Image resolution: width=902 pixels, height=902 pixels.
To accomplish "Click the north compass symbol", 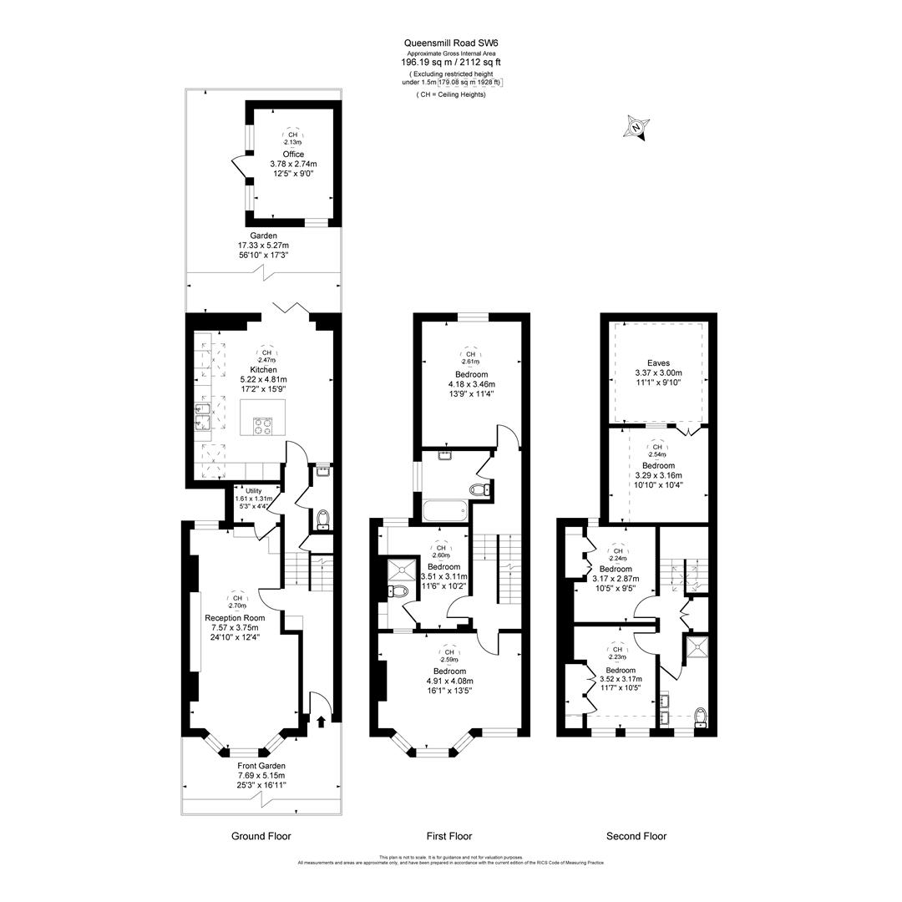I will (636, 129).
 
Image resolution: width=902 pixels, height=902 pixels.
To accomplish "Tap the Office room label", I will (292, 154).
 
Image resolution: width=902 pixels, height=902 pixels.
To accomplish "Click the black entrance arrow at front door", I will (321, 721).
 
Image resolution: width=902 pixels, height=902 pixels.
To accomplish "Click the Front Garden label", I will (261, 766).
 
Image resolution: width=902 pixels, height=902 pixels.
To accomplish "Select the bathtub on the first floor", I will (445, 509).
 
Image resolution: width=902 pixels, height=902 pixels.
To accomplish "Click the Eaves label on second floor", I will (658, 363).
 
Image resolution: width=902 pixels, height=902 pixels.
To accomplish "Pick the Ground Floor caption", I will (261, 836).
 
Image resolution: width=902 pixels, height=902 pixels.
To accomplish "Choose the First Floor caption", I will (448, 836).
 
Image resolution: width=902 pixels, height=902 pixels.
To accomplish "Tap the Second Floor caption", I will (636, 836).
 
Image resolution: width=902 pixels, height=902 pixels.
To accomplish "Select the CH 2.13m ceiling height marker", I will (291, 138).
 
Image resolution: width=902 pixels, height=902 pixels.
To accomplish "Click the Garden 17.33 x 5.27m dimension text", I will (263, 246).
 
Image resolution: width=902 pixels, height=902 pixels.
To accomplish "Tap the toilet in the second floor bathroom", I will (700, 717).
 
